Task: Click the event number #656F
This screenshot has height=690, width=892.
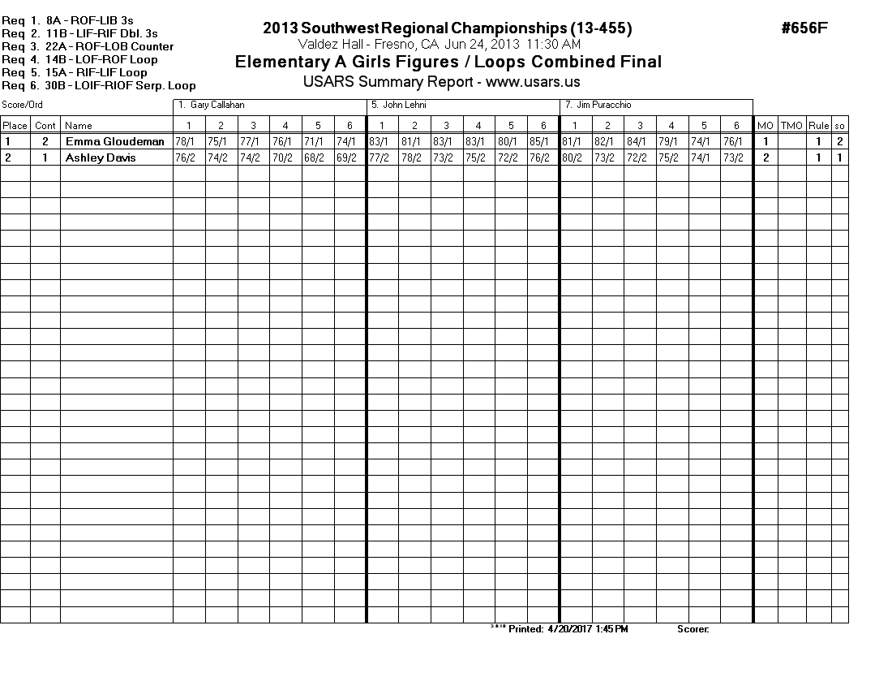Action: [x=804, y=28]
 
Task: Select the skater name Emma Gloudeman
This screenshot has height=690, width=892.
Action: [x=114, y=141]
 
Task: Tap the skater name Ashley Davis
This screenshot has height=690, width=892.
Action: [x=101, y=157]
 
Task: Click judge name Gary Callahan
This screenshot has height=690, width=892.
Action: [x=217, y=106]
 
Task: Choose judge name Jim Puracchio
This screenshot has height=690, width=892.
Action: [x=601, y=106]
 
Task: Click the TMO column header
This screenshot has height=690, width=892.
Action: [x=791, y=126]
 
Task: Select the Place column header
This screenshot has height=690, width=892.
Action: [x=15, y=126]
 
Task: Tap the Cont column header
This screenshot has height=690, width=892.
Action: [x=45, y=126]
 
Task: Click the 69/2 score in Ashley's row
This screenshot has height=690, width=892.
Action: [x=350, y=157]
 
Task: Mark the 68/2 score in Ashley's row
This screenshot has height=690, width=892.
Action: [x=318, y=157]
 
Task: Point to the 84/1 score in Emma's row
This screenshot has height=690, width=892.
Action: [x=640, y=141]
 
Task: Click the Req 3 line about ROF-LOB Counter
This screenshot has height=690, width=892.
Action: [x=88, y=46]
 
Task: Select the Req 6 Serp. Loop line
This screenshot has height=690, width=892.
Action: [x=98, y=85]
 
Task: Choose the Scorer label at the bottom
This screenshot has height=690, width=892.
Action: [x=693, y=629]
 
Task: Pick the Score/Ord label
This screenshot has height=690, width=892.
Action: [x=22, y=106]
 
